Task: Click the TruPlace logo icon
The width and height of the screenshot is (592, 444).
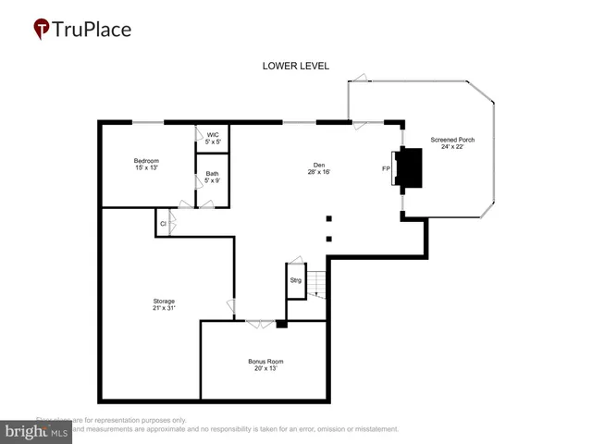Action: pos(42,30)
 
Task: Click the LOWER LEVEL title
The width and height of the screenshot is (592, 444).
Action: pos(295,66)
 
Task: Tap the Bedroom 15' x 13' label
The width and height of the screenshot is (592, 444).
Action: pos(146,165)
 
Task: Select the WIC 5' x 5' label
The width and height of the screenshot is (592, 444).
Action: pos(213,138)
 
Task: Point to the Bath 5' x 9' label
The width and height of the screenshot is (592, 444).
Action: pos(213,177)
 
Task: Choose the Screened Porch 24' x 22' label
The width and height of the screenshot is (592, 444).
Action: pos(450,144)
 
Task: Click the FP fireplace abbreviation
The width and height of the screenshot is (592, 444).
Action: pos(386,169)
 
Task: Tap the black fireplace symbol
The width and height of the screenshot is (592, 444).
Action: pos(410,168)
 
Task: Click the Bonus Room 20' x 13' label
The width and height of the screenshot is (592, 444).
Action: pos(265,364)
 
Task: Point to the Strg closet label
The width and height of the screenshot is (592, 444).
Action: pos(296,279)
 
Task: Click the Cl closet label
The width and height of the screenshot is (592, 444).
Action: pos(163,224)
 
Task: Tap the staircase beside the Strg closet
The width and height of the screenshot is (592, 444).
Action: pos(317,284)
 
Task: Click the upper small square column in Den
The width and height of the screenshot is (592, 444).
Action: pos(328,219)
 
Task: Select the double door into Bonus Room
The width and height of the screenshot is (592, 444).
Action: pos(260,323)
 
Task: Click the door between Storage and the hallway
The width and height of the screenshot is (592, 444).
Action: pos(230,306)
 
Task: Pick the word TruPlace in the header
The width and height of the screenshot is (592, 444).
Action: pos(91,29)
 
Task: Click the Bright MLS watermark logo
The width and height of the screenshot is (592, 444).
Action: pos(37,431)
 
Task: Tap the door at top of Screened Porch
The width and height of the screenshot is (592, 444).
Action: pos(362,80)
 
